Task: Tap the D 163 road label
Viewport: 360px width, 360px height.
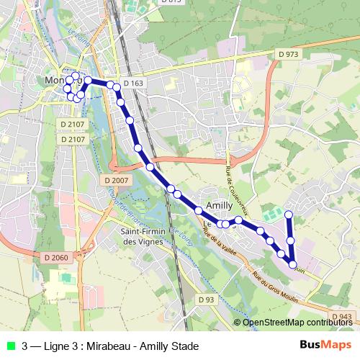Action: (x=133, y=84)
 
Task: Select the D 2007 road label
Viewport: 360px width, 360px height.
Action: (x=115, y=180)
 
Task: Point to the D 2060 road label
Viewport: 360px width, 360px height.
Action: (x=55, y=257)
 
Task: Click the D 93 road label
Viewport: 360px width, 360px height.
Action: (x=206, y=299)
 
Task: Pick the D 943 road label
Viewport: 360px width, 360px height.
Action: (x=342, y=317)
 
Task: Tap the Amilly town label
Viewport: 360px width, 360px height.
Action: (x=220, y=206)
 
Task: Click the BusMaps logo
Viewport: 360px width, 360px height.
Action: (x=320, y=345)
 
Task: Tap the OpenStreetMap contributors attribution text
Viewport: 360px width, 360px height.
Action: (x=297, y=323)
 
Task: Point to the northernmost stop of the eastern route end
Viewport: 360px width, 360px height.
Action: (x=289, y=215)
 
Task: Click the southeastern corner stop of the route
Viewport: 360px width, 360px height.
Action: (x=292, y=264)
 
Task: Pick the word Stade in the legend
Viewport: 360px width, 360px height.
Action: (x=184, y=346)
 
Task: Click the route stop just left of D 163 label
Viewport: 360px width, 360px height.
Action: (x=111, y=84)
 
